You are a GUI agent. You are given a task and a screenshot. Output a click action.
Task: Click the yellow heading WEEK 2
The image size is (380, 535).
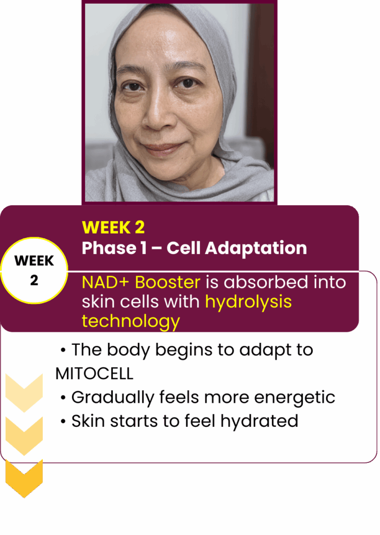tap(113, 227)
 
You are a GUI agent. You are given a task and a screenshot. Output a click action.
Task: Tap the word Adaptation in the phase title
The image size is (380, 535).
tap(256, 248)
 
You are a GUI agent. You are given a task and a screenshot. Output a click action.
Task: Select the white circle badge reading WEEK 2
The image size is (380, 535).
tap(34, 270)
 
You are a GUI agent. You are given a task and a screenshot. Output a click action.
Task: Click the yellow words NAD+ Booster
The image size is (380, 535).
tap(141, 282)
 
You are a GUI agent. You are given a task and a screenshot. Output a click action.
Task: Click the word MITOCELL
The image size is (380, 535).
tap(94, 374)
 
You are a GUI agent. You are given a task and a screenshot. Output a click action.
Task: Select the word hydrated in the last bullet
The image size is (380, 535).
tap(259, 421)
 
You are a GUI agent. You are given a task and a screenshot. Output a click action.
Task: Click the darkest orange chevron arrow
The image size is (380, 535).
tap(24, 479)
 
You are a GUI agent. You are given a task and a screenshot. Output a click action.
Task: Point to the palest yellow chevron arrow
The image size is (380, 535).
tap(24, 393)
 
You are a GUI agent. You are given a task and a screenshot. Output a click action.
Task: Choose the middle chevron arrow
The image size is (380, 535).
tap(24, 436)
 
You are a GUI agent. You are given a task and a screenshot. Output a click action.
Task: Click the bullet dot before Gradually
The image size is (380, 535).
tap(63, 398)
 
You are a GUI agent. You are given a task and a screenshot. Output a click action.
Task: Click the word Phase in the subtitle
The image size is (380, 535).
tap(109, 248)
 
